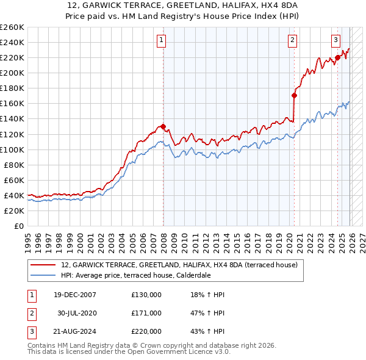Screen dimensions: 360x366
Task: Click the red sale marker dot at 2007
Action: (x=163, y=126)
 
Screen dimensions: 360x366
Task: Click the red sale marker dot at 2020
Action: (x=294, y=95)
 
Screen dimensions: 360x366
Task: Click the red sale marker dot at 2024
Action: (x=337, y=57)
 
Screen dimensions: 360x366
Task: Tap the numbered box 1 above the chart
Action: (x=162, y=40)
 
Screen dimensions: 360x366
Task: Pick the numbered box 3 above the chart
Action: (x=335, y=40)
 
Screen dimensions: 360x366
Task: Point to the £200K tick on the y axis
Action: (x=12, y=73)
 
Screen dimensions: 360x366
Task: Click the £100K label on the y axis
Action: (x=12, y=149)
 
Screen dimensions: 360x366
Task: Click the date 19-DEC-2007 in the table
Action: (x=75, y=295)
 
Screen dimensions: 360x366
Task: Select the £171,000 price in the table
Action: (x=146, y=313)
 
